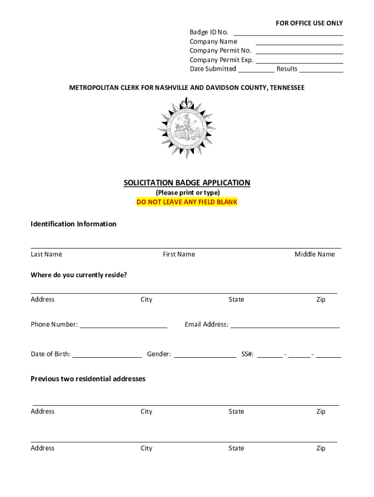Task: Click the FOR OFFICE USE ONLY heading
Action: (x=309, y=23)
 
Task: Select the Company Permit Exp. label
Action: (x=221, y=60)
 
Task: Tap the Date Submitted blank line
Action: (x=256, y=71)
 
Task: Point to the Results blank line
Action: (x=321, y=71)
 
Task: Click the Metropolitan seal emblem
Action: (x=187, y=128)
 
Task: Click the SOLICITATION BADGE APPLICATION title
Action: (x=187, y=183)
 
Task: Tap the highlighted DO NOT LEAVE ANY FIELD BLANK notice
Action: (x=187, y=202)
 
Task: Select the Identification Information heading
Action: (x=73, y=224)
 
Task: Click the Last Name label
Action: (x=46, y=254)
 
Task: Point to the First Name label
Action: (x=179, y=254)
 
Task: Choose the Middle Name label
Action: (x=314, y=254)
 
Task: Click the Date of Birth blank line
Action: (x=107, y=357)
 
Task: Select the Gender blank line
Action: (x=205, y=357)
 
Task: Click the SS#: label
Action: (x=247, y=354)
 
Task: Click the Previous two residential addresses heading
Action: (x=88, y=379)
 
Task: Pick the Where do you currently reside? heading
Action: (x=79, y=275)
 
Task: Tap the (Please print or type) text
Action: (x=187, y=193)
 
